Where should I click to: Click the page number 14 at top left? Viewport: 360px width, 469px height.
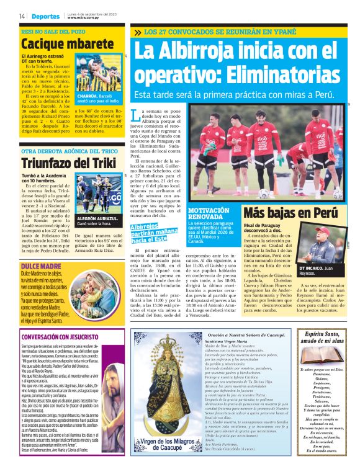22,16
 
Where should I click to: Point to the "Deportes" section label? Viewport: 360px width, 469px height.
47,16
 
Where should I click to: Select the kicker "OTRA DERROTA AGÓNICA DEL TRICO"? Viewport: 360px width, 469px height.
69,151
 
